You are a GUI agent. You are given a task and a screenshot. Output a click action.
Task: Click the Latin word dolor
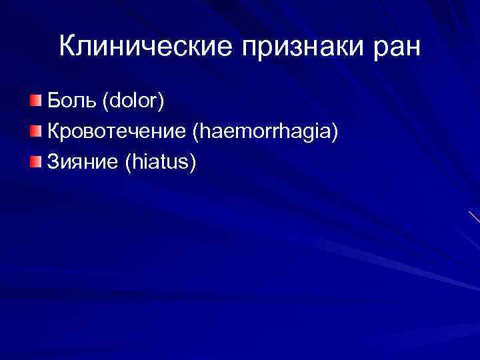click(132, 102)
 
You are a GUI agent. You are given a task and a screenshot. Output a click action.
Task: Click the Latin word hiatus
click(159, 162)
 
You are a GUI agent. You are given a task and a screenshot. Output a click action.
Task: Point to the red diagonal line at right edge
click(473, 217)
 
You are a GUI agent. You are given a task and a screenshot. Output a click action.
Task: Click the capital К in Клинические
click(67, 46)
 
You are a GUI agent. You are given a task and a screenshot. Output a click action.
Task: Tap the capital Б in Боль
click(52, 102)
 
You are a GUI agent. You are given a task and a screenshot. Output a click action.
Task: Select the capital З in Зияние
click(51, 162)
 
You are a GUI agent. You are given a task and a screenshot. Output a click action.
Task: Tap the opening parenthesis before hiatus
click(128, 163)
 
